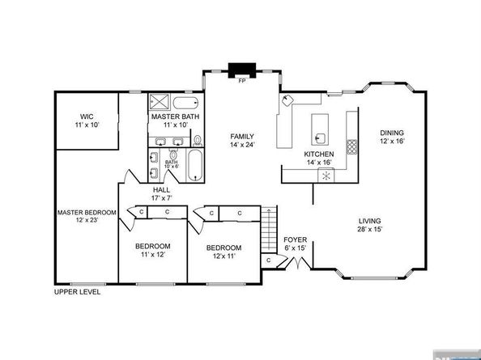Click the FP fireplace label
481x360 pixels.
click(242, 81)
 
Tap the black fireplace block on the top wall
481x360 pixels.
click(242, 70)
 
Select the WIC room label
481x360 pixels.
click(87, 116)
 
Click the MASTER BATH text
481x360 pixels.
click(175, 116)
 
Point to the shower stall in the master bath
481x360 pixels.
click(159, 101)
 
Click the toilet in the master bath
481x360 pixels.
click(198, 141)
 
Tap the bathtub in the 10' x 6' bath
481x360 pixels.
click(195, 166)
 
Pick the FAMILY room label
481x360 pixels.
click(242, 137)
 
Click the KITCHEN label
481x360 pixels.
click(319, 154)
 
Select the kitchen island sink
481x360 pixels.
click(321, 138)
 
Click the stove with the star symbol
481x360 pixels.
click(326, 176)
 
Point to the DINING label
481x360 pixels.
click(392, 133)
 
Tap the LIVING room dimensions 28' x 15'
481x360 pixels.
click(369, 229)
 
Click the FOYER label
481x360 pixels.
click(295, 239)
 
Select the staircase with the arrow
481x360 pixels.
click(269, 229)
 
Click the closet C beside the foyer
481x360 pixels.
click(268, 260)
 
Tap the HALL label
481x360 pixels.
click(162, 190)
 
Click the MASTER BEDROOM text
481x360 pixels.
click(87, 212)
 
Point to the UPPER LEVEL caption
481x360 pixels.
click(77, 292)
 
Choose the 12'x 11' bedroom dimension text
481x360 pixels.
click(224, 256)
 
